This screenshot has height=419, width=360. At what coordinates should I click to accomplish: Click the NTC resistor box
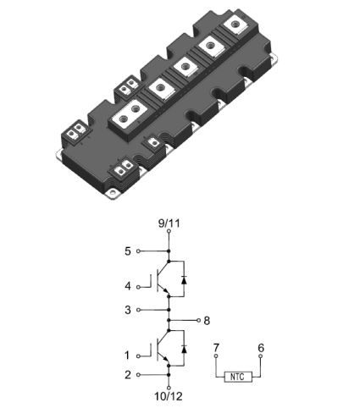coord(238,377)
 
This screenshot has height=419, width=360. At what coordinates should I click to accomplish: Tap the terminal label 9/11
coord(169,223)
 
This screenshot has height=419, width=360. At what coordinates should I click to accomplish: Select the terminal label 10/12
coord(169,396)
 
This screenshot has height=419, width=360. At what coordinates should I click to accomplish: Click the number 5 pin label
coord(128,251)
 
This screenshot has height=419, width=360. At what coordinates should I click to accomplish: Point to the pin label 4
coord(128,286)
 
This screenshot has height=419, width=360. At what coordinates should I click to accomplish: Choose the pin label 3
coord(128,310)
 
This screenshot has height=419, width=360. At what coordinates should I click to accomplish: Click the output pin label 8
coord(207,321)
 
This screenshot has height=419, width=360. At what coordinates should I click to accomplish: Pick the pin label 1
coord(128,356)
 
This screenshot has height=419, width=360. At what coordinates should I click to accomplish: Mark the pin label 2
coord(128,375)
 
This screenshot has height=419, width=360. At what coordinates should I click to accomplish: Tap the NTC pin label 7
coord(216,347)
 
